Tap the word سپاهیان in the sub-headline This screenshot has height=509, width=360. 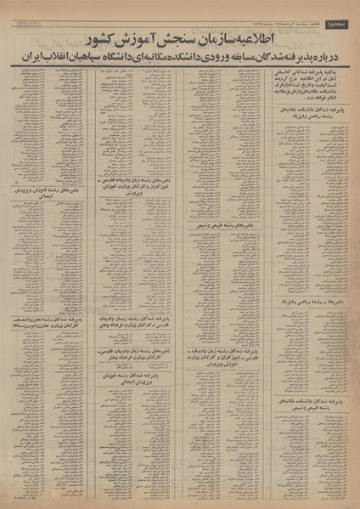[92, 56]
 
